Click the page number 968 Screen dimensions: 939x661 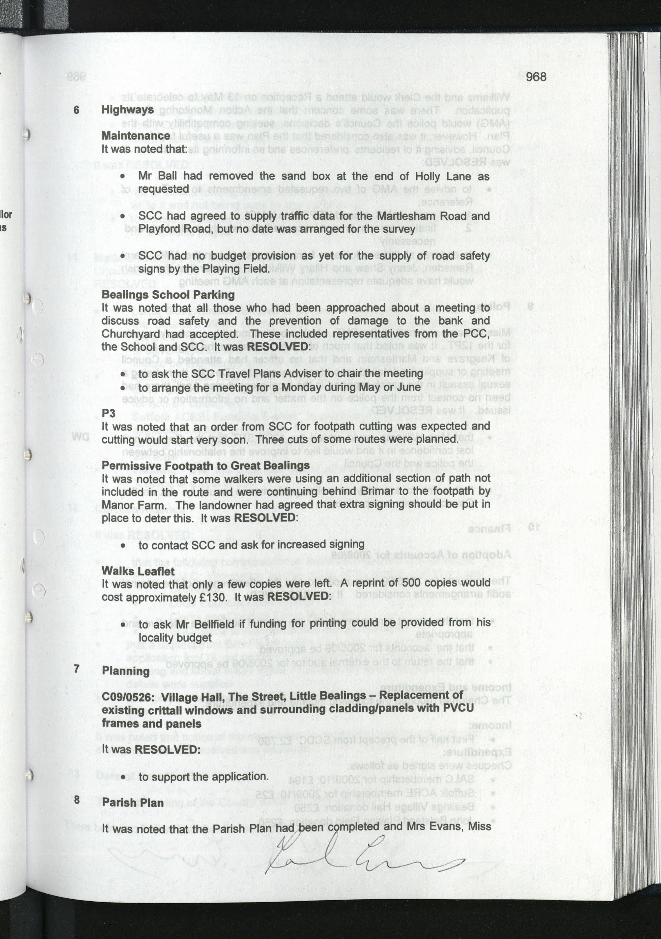pyautogui.click(x=536, y=77)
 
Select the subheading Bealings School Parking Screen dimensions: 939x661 pyautogui.click(x=168, y=295)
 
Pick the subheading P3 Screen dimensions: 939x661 pyautogui.click(x=108, y=413)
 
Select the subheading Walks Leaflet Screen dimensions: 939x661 pyautogui.click(x=138, y=571)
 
